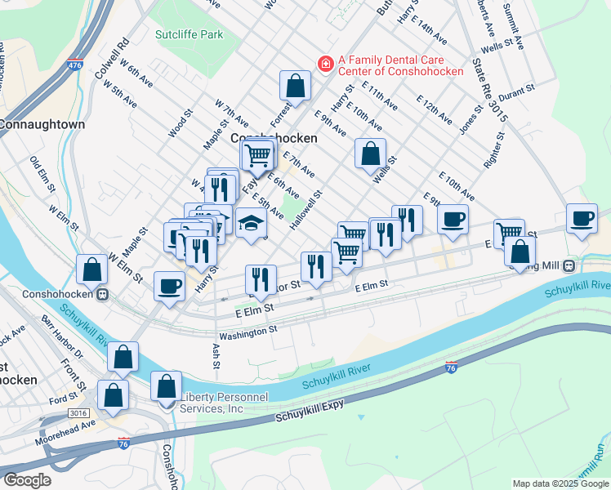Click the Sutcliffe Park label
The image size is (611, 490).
[x=189, y=35]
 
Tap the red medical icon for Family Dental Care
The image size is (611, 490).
[x=325, y=63]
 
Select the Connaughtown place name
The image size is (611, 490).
[x=41, y=125]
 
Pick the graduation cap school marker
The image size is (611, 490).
[x=252, y=222]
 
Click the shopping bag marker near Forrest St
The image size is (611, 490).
[x=296, y=85]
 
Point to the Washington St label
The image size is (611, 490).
[x=248, y=333]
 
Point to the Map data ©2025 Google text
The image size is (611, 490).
[x=560, y=483]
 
